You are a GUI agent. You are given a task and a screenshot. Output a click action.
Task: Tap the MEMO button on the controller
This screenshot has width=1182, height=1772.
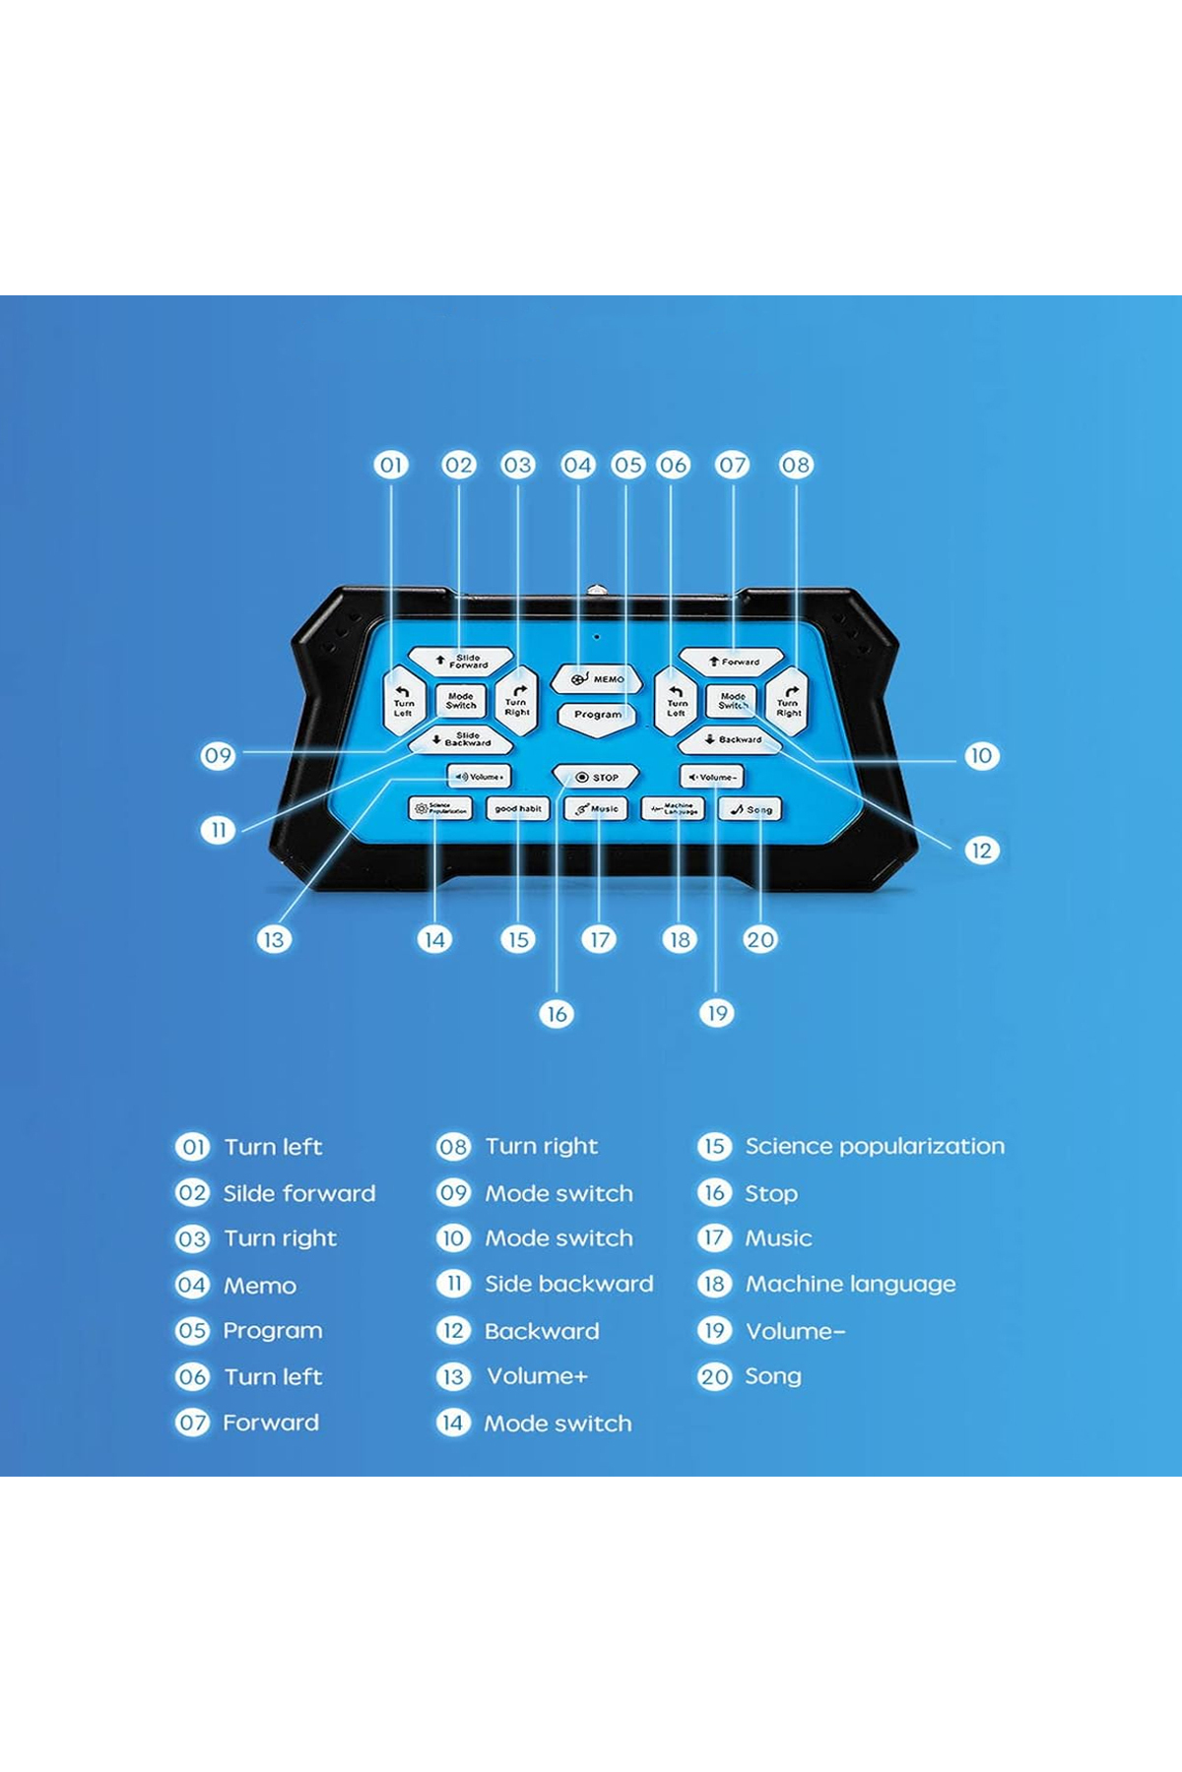[596, 679]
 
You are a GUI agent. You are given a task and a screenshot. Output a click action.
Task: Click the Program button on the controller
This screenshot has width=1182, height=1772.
[597, 715]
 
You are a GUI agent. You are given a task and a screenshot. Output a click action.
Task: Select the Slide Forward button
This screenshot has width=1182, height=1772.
[461, 661]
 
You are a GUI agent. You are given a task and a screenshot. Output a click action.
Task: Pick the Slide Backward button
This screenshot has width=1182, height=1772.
[461, 739]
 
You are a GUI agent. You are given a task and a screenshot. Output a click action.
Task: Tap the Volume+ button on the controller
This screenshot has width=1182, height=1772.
[479, 777]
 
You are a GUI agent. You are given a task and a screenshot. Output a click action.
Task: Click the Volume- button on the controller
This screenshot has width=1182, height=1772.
[711, 777]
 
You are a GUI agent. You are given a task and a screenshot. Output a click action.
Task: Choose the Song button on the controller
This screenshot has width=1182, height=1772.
[751, 809]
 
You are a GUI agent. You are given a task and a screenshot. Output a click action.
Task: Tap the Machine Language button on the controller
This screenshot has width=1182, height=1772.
[674, 809]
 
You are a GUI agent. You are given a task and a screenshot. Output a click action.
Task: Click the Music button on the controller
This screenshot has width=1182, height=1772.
[596, 809]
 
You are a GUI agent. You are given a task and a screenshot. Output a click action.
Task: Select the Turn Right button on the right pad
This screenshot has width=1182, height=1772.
[788, 702]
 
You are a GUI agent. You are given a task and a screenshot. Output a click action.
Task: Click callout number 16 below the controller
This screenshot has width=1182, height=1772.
[557, 1014]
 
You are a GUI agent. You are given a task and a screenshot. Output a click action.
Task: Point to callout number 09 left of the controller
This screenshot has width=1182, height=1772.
[219, 756]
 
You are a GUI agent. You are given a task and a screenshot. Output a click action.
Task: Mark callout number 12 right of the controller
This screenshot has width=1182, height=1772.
[981, 851]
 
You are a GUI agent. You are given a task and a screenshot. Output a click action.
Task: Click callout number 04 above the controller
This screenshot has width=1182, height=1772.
[578, 465]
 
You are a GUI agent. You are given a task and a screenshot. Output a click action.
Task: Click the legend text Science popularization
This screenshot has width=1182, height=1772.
[875, 1146]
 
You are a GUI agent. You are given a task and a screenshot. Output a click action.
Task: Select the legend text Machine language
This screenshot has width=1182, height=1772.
[850, 1284]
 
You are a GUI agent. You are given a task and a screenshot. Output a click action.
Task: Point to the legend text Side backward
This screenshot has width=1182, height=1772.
[568, 1284]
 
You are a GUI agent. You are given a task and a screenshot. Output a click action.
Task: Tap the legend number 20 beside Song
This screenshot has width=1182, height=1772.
[714, 1376]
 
